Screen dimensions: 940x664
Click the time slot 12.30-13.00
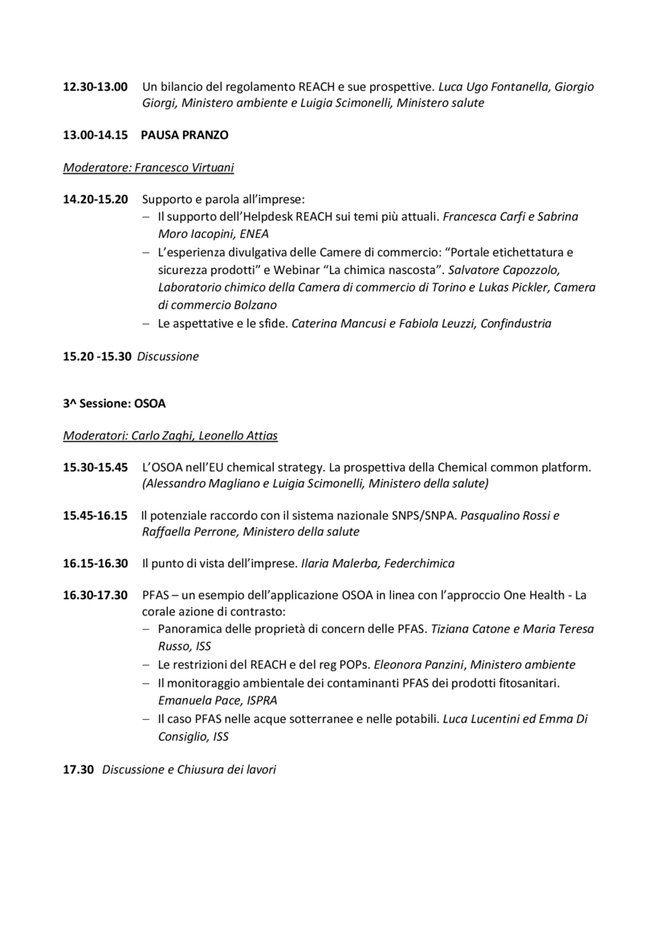(x=95, y=87)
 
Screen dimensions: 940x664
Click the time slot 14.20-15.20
(x=95, y=199)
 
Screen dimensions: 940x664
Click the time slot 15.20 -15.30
(x=96, y=357)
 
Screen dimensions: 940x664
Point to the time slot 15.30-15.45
(x=95, y=467)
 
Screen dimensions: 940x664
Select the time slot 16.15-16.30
(x=95, y=563)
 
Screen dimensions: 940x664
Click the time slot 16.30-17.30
(x=95, y=595)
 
